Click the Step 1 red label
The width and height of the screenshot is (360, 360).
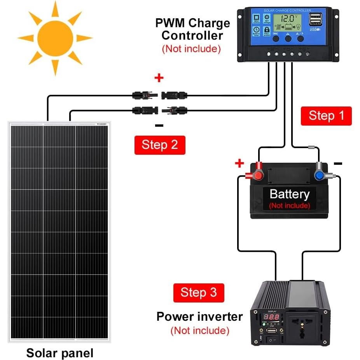tap(326, 116)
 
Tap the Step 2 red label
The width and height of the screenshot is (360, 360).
tap(159, 145)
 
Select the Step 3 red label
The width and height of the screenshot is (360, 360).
tap(198, 292)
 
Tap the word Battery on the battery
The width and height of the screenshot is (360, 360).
tap(289, 194)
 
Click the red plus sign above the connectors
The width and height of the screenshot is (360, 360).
tap(159, 78)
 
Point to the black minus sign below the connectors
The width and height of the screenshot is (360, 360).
tap(159, 125)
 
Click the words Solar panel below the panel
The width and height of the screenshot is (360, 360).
tap(60, 353)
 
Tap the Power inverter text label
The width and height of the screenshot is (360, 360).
tap(199, 316)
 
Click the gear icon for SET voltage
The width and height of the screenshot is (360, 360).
tap(267, 17)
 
